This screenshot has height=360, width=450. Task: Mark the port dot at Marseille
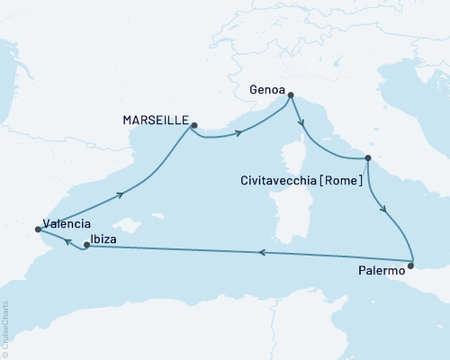192,127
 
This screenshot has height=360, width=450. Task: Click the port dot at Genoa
291,101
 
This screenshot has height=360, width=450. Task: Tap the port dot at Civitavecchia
367,158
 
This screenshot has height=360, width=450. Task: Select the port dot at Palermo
411,265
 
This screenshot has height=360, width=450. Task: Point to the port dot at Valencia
37,229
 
